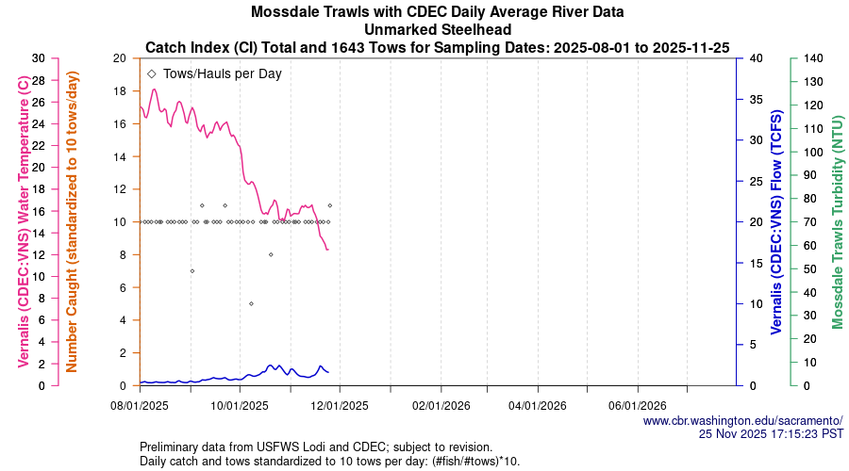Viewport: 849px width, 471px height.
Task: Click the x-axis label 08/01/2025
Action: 140,407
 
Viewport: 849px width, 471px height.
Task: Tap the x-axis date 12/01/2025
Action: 339,407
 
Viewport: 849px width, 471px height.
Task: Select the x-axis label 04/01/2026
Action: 538,407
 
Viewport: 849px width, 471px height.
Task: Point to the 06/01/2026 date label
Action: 638,407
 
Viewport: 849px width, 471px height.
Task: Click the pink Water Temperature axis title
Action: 24,222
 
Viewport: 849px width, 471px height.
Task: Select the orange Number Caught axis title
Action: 72,222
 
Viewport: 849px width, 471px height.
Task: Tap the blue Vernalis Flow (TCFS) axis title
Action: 776,222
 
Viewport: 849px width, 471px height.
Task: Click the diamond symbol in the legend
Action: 152,73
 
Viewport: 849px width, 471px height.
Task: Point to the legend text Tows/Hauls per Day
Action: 222,73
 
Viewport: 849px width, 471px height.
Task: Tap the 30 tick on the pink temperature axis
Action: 38,58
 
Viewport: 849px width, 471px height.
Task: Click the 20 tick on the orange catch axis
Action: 119,58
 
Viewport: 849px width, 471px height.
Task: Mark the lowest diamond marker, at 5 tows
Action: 251,303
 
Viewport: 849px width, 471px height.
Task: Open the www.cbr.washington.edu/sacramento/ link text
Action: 742,420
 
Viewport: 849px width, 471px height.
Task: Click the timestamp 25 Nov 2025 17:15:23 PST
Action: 771,433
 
